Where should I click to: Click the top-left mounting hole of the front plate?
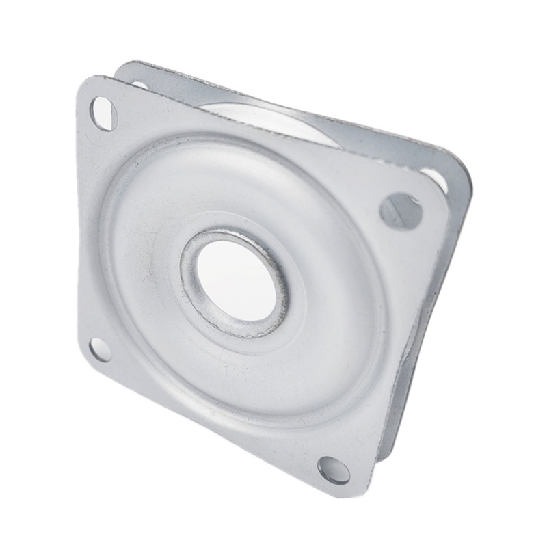(x=103, y=114)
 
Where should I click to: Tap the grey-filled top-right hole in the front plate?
(x=401, y=210)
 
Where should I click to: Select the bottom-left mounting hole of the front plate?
(x=100, y=349)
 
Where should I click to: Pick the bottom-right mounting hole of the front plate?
(x=334, y=470)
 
